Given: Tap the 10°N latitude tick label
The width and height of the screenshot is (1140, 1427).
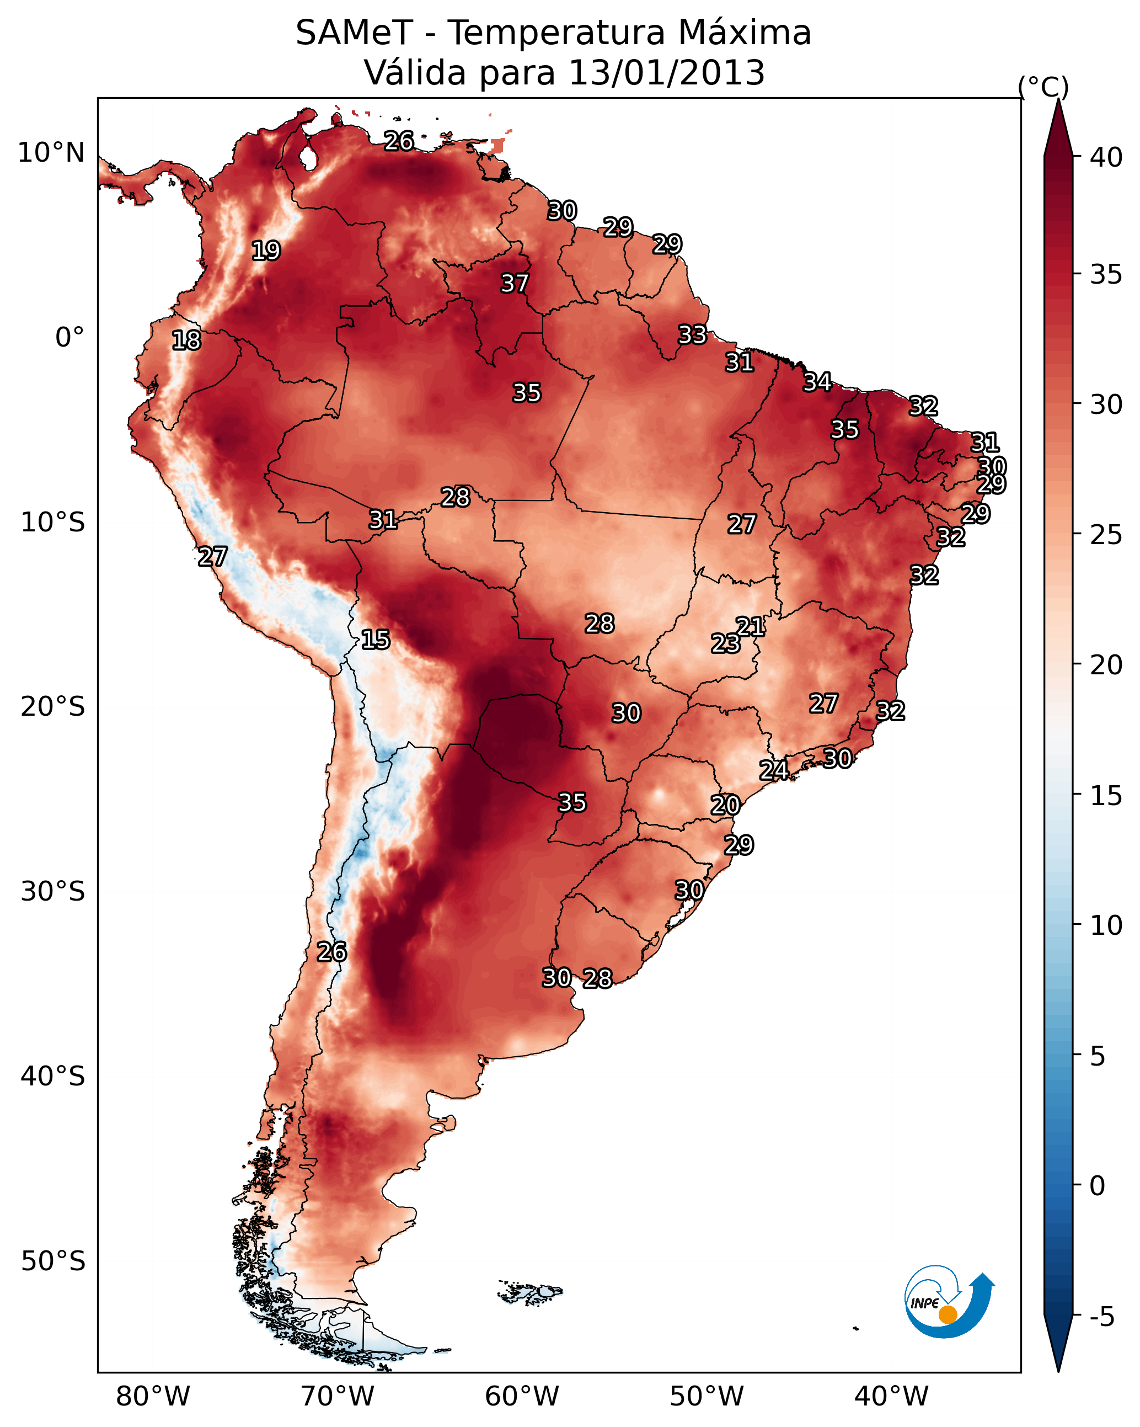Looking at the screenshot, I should (51, 153).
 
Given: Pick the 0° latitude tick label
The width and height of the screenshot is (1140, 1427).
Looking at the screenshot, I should (69, 338).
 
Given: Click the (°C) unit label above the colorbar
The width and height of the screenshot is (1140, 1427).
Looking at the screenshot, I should (1043, 87).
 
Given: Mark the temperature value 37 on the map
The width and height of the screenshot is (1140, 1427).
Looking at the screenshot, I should (514, 283).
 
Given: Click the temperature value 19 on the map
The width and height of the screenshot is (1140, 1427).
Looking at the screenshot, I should (266, 251).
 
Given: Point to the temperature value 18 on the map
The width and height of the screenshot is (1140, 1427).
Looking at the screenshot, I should (186, 340).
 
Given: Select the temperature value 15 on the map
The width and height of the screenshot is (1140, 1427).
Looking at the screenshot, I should (375, 640).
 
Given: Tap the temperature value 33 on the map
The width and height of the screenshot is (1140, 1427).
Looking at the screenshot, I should (692, 335).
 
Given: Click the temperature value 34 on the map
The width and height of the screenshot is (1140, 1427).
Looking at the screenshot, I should (817, 382).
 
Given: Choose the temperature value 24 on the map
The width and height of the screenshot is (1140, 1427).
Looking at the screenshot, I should (773, 770).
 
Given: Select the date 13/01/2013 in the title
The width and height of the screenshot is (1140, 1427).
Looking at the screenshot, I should (666, 73).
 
